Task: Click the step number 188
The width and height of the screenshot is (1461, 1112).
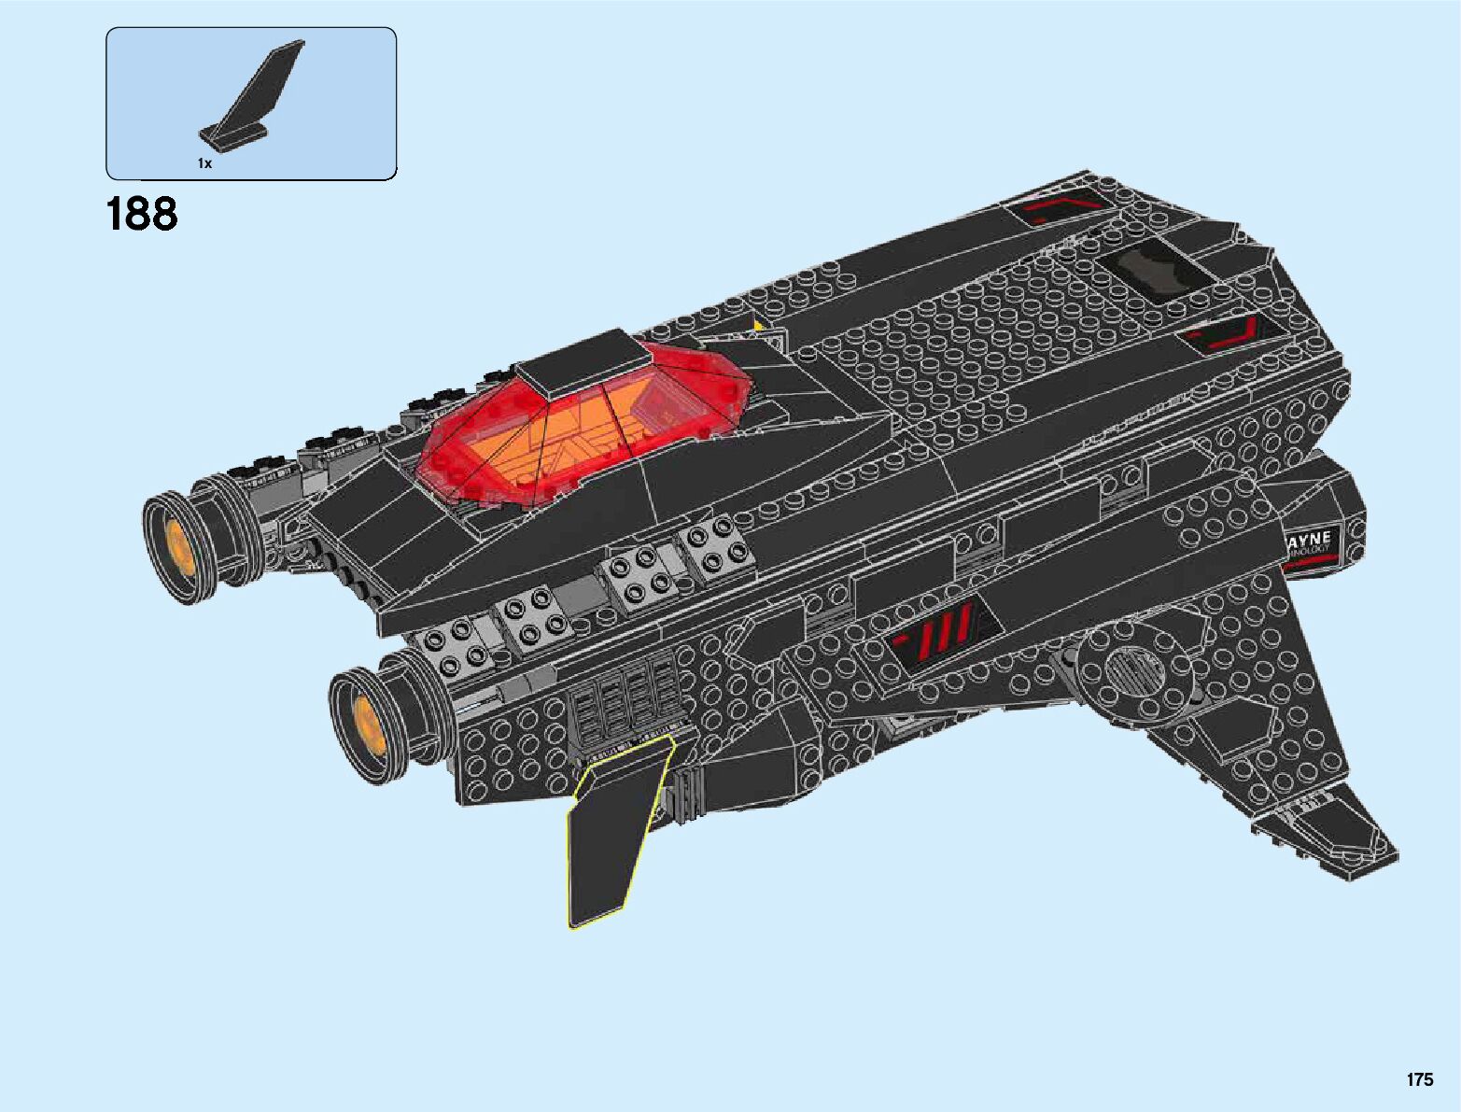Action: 142,215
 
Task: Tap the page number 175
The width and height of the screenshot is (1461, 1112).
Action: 1419,1079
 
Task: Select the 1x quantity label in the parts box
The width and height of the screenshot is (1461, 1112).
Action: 204,163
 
